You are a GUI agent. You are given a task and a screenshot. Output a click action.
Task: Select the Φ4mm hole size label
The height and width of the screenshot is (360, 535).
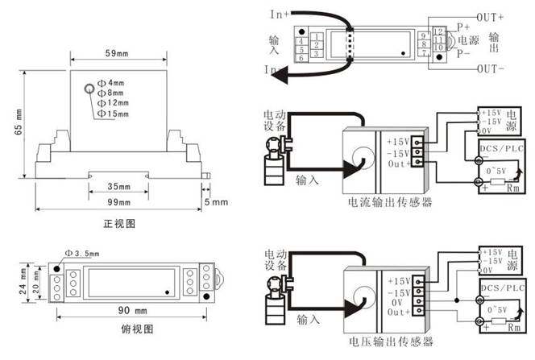[110, 83]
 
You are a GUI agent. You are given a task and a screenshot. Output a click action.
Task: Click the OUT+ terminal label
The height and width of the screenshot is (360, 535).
[490, 15]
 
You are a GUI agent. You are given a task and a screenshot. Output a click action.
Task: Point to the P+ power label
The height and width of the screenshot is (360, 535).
[464, 26]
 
